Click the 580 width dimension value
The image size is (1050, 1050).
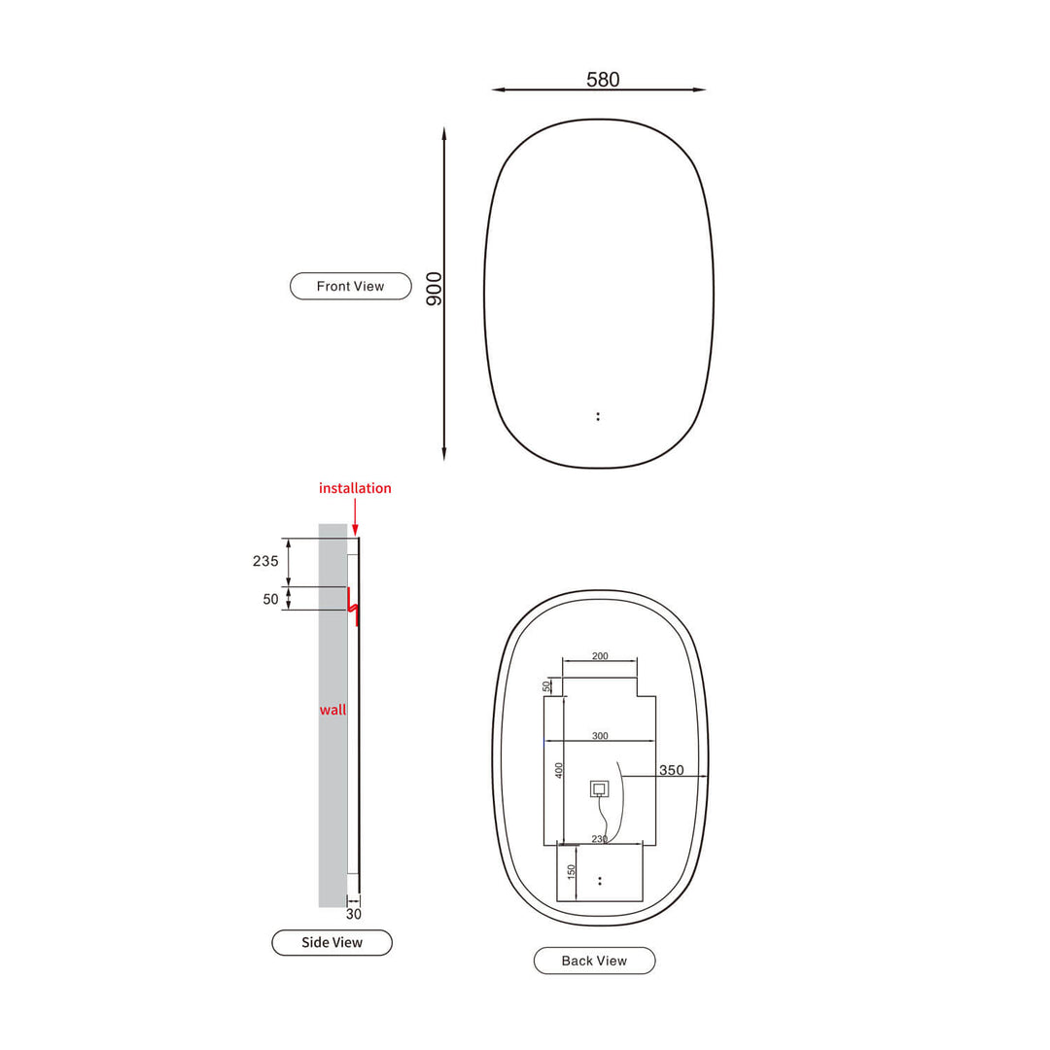coord(603,80)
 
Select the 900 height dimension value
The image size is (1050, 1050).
coord(435,289)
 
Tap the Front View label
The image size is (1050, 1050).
coord(351,286)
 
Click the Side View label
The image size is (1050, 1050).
coord(332,942)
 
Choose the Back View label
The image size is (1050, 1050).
coord(594,961)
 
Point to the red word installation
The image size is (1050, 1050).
coord(355,488)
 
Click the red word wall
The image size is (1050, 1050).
coord(332,710)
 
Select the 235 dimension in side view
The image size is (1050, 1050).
coord(265,561)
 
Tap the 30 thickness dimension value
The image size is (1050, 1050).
coord(354,914)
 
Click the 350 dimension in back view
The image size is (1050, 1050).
coord(672,770)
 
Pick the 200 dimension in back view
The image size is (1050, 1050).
coord(600,656)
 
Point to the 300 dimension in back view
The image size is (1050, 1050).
coord(600,736)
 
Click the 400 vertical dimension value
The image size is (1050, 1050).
coord(559,769)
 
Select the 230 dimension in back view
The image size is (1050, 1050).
coord(600,838)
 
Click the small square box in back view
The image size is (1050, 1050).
coord(599,788)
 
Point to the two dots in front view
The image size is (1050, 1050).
coord(598,416)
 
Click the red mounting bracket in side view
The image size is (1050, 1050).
coord(354,608)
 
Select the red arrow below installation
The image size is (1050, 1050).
coord(355,515)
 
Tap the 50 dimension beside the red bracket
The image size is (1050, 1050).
coord(270,599)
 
